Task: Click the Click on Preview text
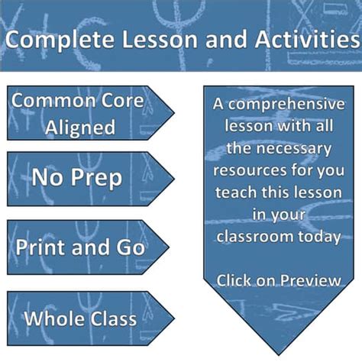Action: click(278, 280)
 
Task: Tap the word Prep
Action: click(102, 178)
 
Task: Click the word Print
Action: click(39, 246)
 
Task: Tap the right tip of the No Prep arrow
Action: click(173, 179)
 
